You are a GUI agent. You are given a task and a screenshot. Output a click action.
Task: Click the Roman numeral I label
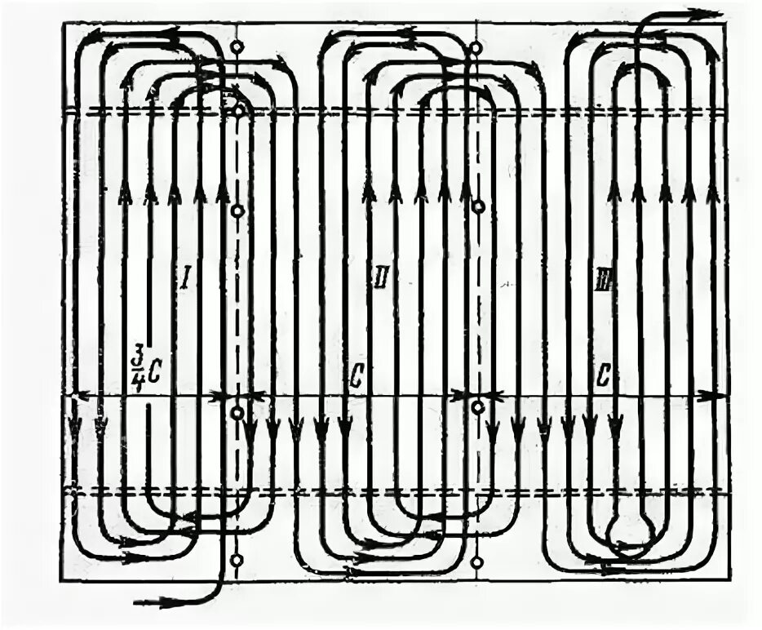(185, 279)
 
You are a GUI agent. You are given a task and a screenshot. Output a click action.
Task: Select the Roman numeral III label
(602, 279)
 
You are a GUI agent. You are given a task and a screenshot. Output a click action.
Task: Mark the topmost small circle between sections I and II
(237, 47)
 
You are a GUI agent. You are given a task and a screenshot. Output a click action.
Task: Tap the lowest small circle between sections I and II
(237, 561)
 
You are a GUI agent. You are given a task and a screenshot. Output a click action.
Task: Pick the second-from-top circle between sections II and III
(477, 207)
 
